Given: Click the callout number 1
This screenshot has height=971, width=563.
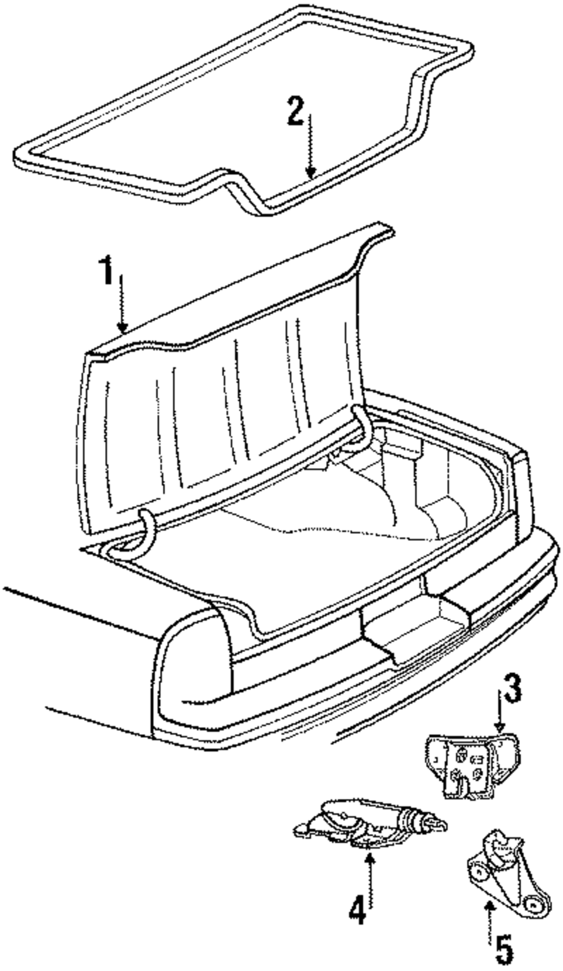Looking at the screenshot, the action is click(x=107, y=274).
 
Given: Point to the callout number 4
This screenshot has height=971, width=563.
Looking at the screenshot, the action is click(x=358, y=908).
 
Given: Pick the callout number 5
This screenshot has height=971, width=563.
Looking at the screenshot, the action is click(x=504, y=949).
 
